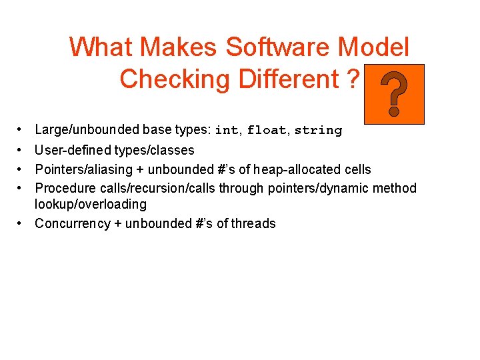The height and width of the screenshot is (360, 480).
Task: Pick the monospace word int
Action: pos(226,131)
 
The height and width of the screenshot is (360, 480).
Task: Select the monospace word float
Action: pos(267,131)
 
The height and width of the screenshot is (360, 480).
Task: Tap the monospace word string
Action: pos(318,131)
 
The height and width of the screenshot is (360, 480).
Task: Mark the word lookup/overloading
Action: pos(91,204)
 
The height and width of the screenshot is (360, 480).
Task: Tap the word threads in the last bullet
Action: pos(254,223)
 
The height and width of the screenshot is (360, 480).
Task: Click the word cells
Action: pos(357,169)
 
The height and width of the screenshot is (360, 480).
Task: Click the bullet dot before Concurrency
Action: pos(21,223)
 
